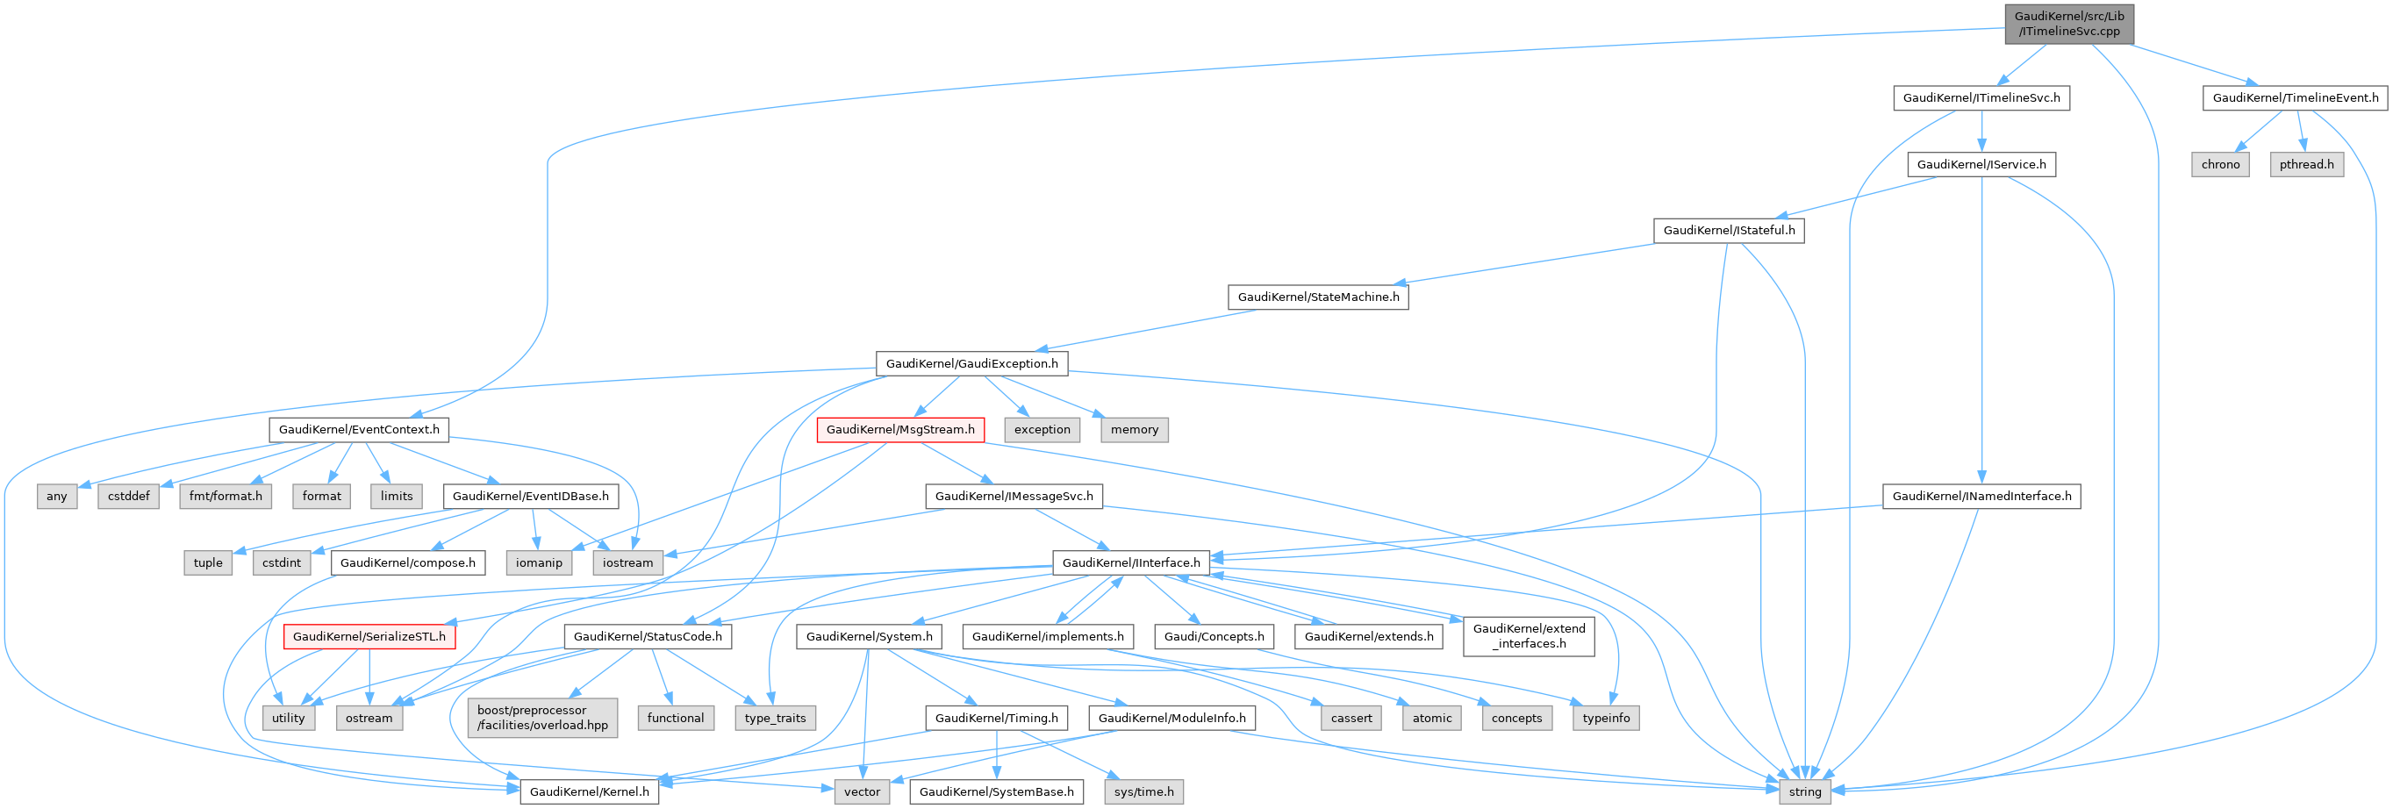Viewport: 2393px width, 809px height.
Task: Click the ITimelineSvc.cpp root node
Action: click(x=2069, y=23)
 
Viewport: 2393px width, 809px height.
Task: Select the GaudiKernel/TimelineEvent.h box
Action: click(x=2295, y=97)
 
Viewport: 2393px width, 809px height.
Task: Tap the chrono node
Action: click(x=2220, y=164)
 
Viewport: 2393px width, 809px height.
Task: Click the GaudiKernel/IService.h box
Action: click(x=1981, y=164)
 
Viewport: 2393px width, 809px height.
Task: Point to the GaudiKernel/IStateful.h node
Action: click(x=1728, y=231)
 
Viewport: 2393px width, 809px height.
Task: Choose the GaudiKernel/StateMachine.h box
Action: click(x=1317, y=297)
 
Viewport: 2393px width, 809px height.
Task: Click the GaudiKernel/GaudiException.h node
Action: click(x=971, y=363)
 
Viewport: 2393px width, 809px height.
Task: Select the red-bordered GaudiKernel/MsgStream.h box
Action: click(x=900, y=429)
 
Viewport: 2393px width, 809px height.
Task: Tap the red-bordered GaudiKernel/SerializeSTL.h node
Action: click(x=369, y=636)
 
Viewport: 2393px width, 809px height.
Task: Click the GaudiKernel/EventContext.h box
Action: click(x=359, y=429)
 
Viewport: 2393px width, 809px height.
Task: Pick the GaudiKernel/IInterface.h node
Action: click(x=1130, y=562)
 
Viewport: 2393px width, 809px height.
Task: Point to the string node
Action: click(x=1804, y=791)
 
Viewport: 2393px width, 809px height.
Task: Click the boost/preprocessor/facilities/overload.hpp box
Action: click(x=542, y=717)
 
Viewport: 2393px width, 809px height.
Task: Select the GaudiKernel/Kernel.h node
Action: click(x=589, y=791)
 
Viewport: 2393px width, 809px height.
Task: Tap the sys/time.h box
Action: click(x=1143, y=791)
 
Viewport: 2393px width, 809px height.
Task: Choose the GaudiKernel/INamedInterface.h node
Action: click(x=1981, y=496)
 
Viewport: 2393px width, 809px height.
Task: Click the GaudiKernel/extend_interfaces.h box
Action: click(x=1528, y=636)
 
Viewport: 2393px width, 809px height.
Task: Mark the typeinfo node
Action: click(x=1605, y=718)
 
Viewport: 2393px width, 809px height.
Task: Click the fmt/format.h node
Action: click(x=226, y=496)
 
